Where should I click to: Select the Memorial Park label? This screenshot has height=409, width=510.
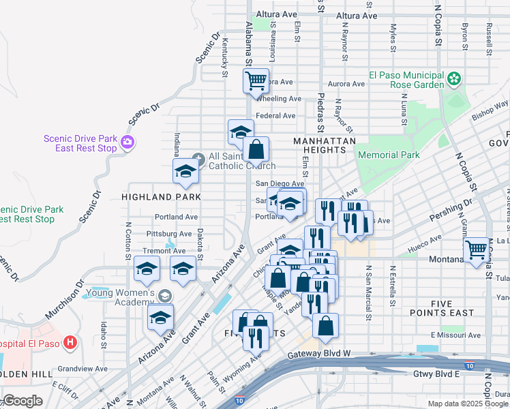389,155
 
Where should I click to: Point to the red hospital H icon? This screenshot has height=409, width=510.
70,343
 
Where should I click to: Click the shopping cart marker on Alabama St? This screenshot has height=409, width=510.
256,81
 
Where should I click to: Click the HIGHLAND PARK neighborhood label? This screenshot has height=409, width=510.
161,197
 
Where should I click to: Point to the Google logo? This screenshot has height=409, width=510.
22,401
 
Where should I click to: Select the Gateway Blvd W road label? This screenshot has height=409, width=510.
318,354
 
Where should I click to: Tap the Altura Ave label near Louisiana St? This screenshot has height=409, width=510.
276,14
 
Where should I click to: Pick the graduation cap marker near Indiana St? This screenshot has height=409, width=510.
185,173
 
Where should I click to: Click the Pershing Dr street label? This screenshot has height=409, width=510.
450,212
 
